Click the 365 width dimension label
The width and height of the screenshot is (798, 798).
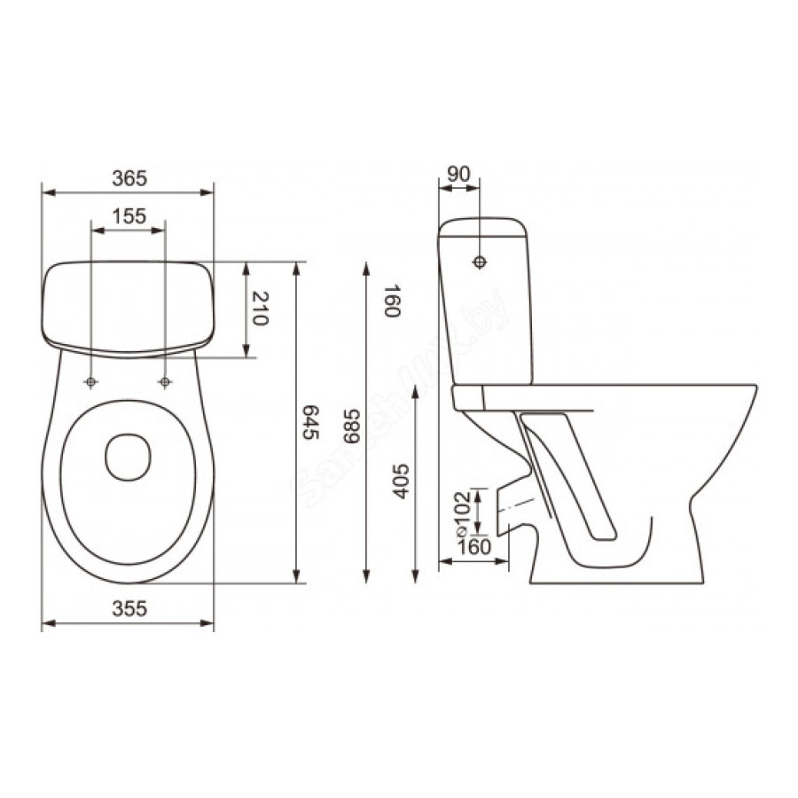point(129,178)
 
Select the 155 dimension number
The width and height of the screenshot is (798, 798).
point(129,216)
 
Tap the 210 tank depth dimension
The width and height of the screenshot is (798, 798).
point(260,309)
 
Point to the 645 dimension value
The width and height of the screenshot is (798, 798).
point(310,422)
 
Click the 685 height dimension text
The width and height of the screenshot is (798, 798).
point(351,426)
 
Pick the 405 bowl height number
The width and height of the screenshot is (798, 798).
point(401,481)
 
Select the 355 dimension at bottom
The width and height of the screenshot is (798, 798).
point(129,608)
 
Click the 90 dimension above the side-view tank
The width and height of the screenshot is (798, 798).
point(458,174)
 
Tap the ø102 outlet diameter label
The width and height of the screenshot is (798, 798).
point(461,513)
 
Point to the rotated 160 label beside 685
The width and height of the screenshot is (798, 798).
point(393,301)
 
